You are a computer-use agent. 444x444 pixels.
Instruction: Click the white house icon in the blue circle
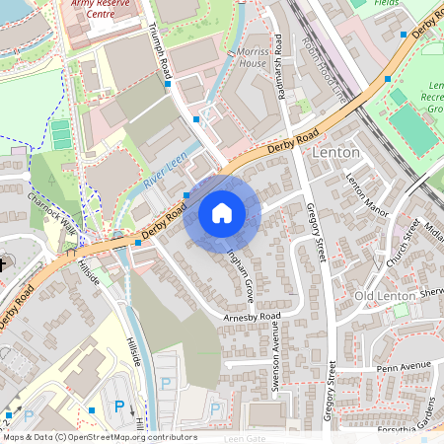point(222,213)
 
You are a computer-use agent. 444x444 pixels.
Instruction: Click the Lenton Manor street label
point(369,192)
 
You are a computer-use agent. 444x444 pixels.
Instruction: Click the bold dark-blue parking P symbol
point(119,406)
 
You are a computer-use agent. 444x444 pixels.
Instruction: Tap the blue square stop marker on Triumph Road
point(169,84)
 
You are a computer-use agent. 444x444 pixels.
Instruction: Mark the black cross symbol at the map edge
point(3,264)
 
